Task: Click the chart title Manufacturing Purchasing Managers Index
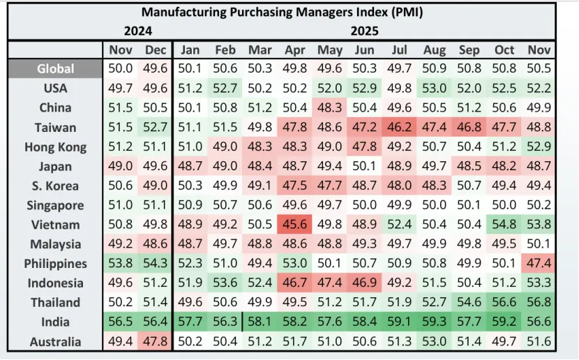pyautogui.click(x=282, y=12)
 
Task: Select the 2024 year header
pyautogui.click(x=137, y=31)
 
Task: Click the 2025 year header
pyautogui.click(x=364, y=31)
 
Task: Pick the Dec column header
pyautogui.click(x=156, y=50)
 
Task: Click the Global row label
pyautogui.click(x=56, y=69)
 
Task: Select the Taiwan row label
pyautogui.click(x=56, y=128)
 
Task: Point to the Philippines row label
pyautogui.click(x=56, y=264)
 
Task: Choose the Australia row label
pyautogui.click(x=56, y=342)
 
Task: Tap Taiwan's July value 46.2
pyautogui.click(x=399, y=128)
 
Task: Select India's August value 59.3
pyautogui.click(x=434, y=322)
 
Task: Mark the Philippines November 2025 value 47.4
pyautogui.click(x=539, y=264)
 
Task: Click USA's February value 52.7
pyautogui.click(x=225, y=89)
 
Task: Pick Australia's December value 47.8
pyautogui.click(x=156, y=342)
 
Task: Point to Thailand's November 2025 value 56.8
pyautogui.click(x=539, y=303)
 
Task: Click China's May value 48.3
pyautogui.click(x=330, y=108)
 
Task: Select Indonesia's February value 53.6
pyautogui.click(x=225, y=283)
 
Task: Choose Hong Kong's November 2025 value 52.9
pyautogui.click(x=539, y=147)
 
